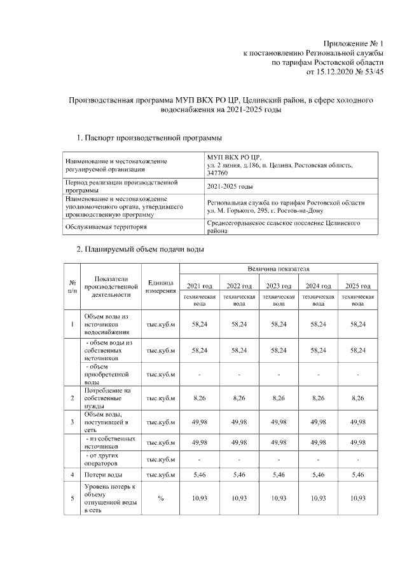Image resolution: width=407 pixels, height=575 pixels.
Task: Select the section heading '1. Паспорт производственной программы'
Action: pyautogui.click(x=149, y=138)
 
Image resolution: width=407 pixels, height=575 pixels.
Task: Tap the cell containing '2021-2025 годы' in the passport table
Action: pyautogui.click(x=230, y=186)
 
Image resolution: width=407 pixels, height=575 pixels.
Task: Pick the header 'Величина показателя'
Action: pyautogui.click(x=279, y=269)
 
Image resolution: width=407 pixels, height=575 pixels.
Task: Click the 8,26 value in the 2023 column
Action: pyautogui.click(x=279, y=398)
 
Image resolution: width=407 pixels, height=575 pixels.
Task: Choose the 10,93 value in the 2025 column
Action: pyautogui.click(x=357, y=497)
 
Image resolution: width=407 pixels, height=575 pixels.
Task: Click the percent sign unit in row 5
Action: pyautogui.click(x=160, y=497)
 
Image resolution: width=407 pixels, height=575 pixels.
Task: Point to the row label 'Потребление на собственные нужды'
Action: pyautogui.click(x=106, y=398)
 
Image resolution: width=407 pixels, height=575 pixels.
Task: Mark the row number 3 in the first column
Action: pyautogui.click(x=72, y=421)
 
